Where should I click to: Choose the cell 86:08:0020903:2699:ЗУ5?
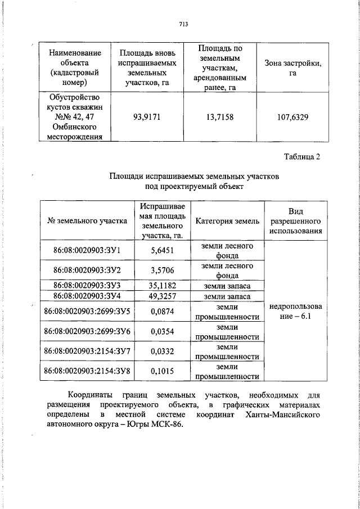point(87,311)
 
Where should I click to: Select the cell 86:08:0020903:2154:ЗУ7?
point(87,352)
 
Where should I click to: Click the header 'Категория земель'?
point(227,221)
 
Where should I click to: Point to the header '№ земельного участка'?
point(87,221)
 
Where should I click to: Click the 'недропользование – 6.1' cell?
point(296,311)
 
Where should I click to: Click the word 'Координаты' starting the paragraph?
point(90,394)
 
